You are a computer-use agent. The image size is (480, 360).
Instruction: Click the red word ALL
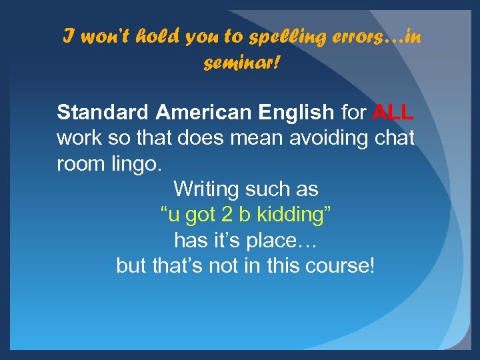[x=393, y=113]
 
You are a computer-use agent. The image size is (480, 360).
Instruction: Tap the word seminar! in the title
[x=241, y=63]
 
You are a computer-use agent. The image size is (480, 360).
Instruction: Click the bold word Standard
[x=103, y=113]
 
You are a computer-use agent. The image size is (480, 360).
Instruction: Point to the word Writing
[x=206, y=189]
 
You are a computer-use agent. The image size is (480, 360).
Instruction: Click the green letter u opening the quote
[x=173, y=215]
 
